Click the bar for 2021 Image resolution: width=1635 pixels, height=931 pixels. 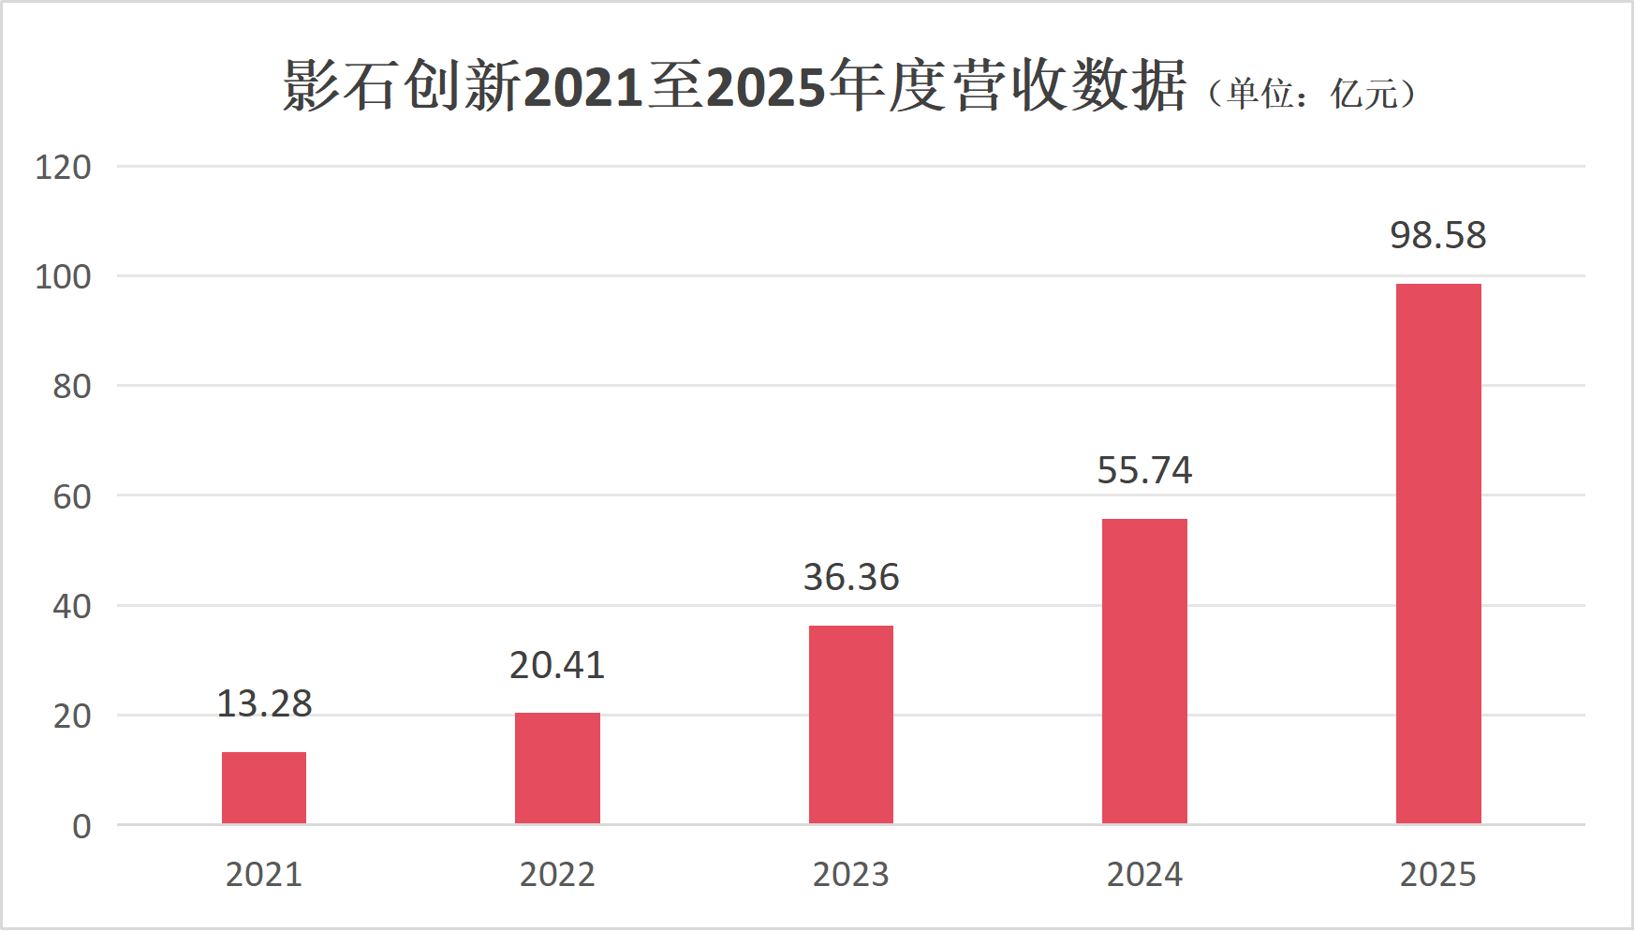click(x=264, y=788)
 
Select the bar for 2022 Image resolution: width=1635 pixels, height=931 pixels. click(x=557, y=768)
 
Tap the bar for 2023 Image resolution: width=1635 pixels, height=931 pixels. click(x=851, y=724)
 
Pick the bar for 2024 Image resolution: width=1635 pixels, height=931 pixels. click(x=1144, y=671)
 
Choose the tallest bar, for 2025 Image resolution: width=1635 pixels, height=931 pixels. click(x=1438, y=554)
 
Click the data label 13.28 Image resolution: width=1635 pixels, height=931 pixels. click(x=264, y=704)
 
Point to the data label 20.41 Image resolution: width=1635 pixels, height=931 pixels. click(x=557, y=666)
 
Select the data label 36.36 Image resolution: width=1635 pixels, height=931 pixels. click(x=851, y=578)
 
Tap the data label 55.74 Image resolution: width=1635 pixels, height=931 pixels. click(x=1144, y=471)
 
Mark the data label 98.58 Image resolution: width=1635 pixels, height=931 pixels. click(x=1438, y=236)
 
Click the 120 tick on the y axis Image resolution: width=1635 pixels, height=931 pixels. click(x=63, y=169)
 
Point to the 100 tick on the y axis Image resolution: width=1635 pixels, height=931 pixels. click(x=63, y=278)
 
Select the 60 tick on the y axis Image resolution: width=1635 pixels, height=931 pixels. click(x=71, y=497)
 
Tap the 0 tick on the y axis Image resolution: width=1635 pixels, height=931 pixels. click(x=81, y=827)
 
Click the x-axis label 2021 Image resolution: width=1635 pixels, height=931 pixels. click(x=264, y=875)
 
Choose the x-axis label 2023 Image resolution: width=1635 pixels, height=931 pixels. click(x=851, y=875)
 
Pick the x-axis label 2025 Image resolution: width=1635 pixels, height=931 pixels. click(x=1438, y=875)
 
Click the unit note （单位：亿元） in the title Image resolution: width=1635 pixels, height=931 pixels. click(x=1311, y=94)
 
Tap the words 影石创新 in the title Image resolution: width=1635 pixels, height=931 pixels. click(x=402, y=86)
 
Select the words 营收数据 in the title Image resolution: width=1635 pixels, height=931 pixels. click(x=1069, y=86)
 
